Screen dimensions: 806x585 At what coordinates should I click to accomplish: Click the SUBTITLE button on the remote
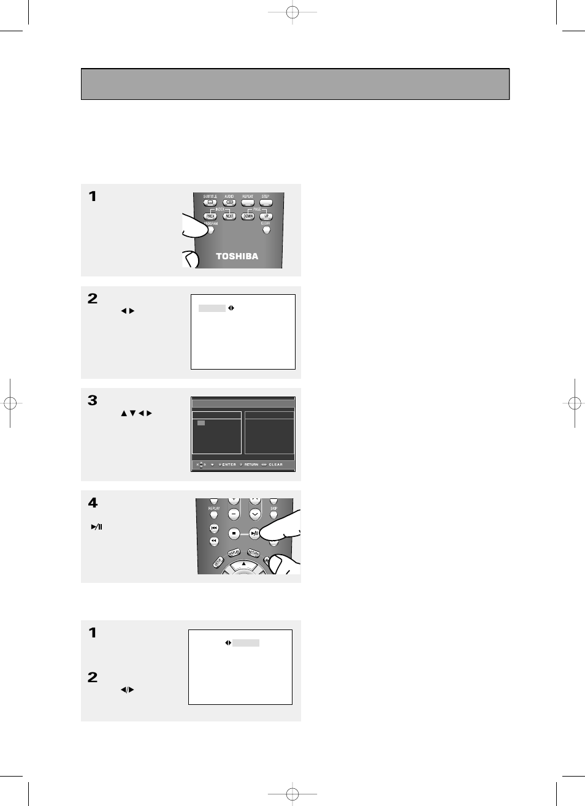(x=210, y=202)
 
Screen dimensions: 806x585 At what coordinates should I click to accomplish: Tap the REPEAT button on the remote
(x=248, y=202)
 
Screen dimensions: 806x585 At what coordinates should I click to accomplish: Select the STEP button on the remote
(x=266, y=202)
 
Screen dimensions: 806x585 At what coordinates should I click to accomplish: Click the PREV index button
(x=210, y=216)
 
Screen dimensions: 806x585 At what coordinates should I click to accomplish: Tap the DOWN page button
(x=248, y=216)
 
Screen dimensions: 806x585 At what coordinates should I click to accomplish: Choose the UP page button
(x=266, y=216)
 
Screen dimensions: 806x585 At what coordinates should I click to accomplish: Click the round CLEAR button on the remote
(x=266, y=230)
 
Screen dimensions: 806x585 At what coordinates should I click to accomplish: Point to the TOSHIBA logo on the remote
(x=237, y=256)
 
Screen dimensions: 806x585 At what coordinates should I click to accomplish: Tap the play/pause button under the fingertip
(x=254, y=533)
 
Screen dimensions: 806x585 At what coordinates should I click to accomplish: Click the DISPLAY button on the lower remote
(x=234, y=553)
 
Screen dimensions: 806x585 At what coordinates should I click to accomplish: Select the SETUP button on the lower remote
(x=218, y=562)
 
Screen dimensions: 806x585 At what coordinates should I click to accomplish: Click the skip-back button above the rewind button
(x=214, y=528)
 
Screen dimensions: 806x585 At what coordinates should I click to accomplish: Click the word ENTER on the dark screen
(x=229, y=465)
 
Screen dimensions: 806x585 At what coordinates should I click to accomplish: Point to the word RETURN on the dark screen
(x=251, y=465)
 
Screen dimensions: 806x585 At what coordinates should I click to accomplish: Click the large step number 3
(x=93, y=401)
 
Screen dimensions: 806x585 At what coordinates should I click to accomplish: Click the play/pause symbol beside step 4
(x=96, y=527)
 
